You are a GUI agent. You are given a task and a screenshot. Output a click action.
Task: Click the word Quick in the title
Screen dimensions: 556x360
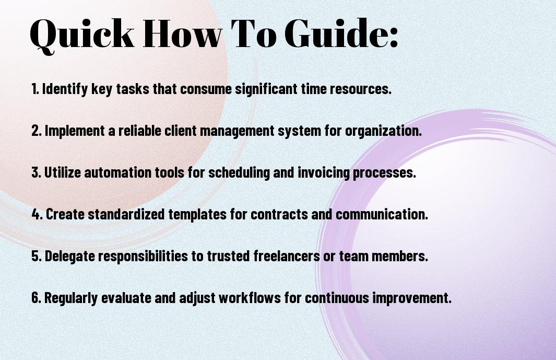click(82, 34)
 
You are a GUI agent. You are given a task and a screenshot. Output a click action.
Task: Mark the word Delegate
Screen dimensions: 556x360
click(70, 257)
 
